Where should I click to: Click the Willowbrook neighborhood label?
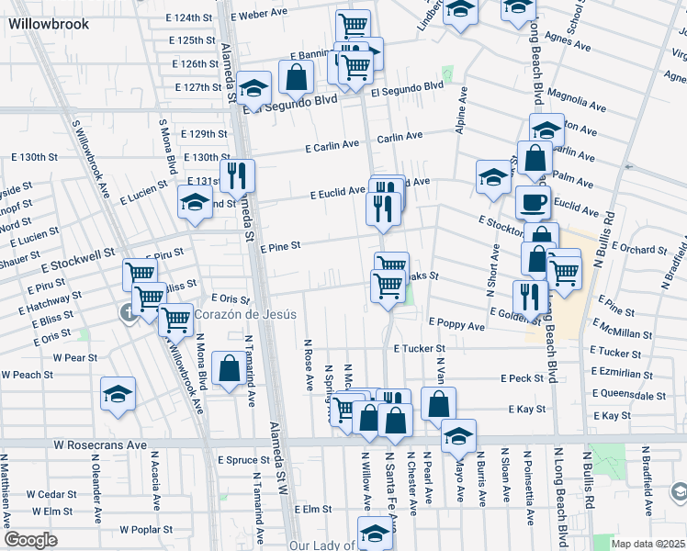click(x=50, y=24)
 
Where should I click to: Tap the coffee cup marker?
click(x=532, y=203)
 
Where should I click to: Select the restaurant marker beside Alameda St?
click(x=239, y=176)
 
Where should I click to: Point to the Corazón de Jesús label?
click(x=245, y=314)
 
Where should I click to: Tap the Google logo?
click(x=30, y=540)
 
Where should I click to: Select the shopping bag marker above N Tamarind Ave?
click(x=228, y=369)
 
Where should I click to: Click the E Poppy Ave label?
click(x=456, y=325)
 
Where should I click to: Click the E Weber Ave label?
click(x=260, y=15)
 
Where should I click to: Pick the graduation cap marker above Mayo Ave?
click(x=458, y=435)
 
